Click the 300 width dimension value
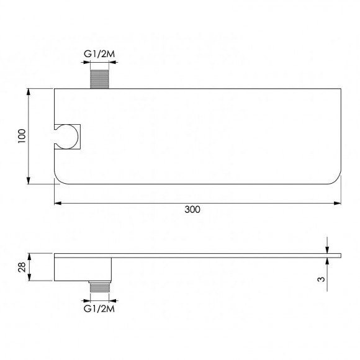pos(192,209)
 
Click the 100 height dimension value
pos(22,136)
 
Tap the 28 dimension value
pos(22,268)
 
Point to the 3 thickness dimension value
pos(321,279)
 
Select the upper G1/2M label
pos(99,54)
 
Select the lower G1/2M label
pos(99,309)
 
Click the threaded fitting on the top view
pos(99,79)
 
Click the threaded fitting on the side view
pos(100,287)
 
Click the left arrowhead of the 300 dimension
pos(58,203)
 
